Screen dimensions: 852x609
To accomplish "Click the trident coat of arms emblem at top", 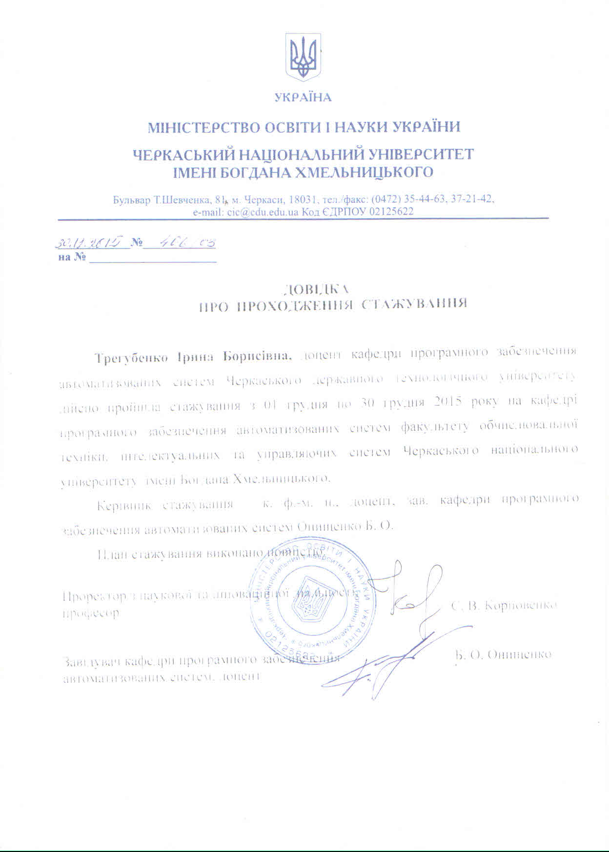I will coord(303,57).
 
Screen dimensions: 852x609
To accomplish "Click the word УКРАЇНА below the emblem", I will coord(303,98).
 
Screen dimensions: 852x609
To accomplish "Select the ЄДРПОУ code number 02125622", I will coord(391,212).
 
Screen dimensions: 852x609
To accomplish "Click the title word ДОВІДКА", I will coord(317,289).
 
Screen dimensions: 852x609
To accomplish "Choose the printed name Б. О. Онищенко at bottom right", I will coord(503,654).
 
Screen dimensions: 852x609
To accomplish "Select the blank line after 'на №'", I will coord(152,258).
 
